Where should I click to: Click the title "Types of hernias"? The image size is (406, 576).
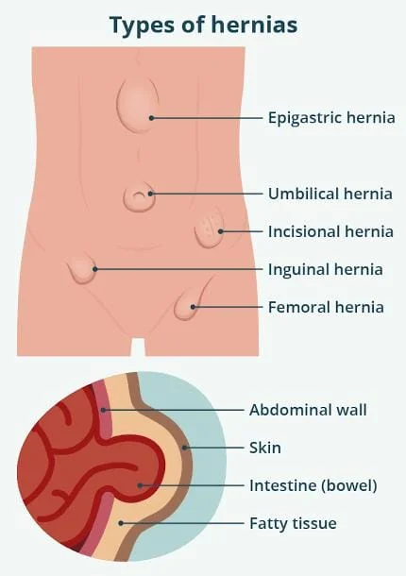pos(204,25)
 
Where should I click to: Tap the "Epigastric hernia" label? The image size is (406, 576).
pos(331,118)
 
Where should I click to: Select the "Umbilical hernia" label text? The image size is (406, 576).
pos(330,194)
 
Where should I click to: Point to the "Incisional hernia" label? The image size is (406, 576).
pos(330,231)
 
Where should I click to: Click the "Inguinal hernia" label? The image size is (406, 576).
pos(326,270)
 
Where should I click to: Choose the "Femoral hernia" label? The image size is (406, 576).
pos(326,308)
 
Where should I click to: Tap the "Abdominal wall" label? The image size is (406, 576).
pos(308,410)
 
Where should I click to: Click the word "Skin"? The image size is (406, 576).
pos(265,448)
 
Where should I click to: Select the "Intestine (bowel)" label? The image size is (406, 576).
pos(313,485)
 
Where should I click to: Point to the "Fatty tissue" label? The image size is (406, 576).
pos(293,523)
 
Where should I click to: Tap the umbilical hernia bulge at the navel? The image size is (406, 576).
pos(139,197)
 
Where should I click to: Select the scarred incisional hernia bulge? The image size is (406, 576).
pos(209,229)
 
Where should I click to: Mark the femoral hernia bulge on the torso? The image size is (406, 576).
pos(186,304)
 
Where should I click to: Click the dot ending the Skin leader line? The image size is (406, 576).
pos(185,448)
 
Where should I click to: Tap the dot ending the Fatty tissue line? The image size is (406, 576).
pos(121,523)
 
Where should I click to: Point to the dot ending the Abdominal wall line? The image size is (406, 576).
pos(104,410)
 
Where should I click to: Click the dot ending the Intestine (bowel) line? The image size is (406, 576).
pos(140,485)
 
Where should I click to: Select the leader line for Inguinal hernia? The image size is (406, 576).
pos(178,269)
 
